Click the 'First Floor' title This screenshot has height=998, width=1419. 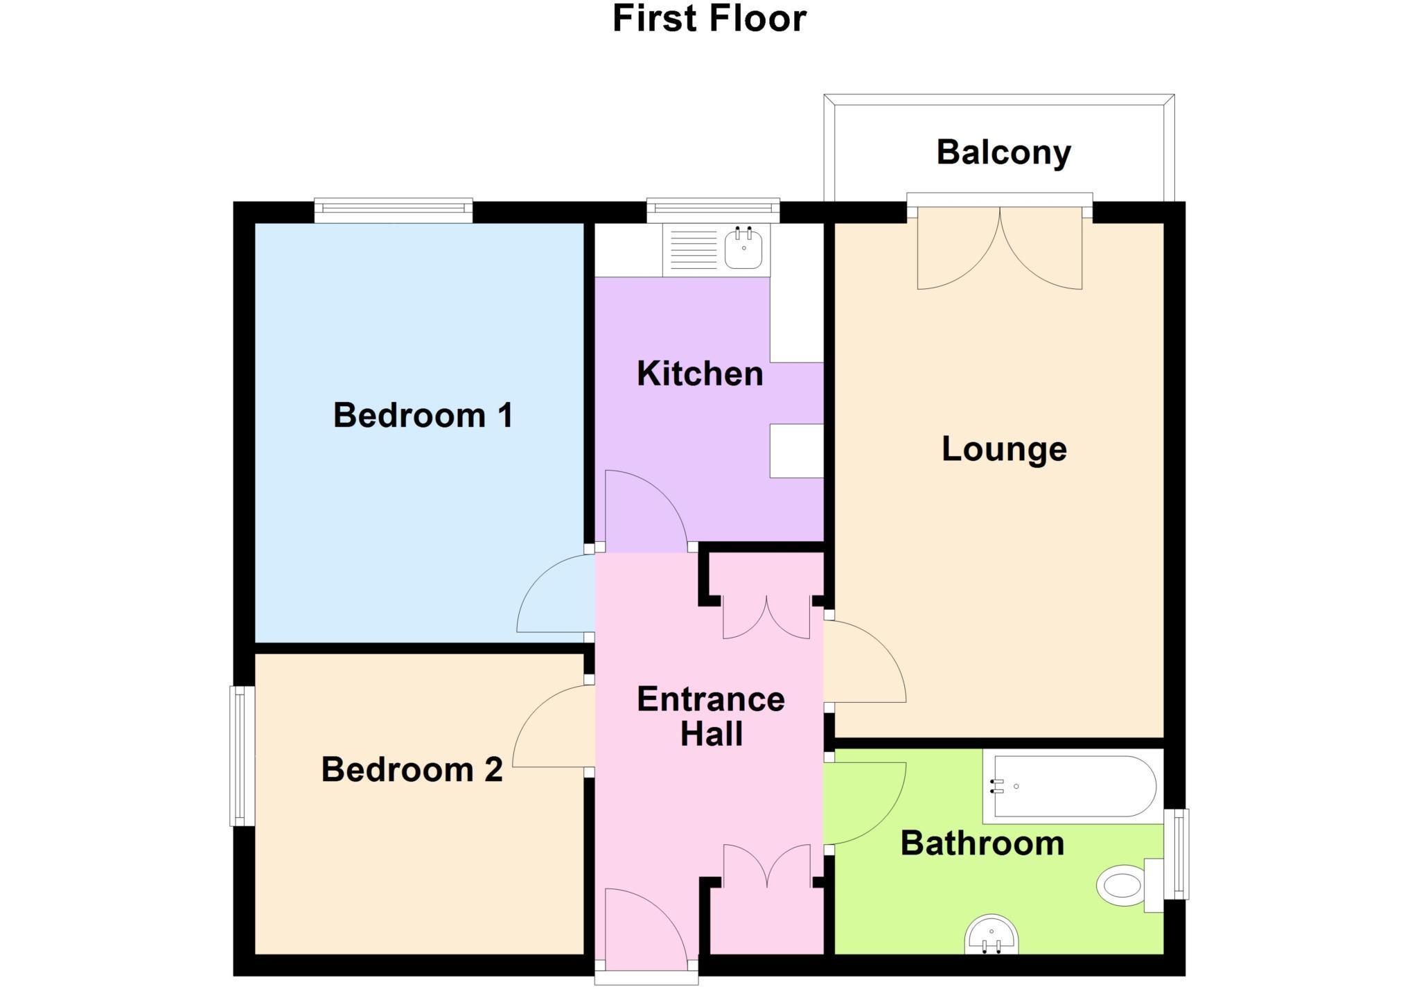pyautogui.click(x=709, y=19)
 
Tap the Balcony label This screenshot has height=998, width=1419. pyautogui.click(x=1003, y=152)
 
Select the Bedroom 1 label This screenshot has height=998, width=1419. pyautogui.click(x=423, y=415)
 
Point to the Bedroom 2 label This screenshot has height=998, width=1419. pyautogui.click(x=412, y=769)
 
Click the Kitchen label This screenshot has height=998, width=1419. pyautogui.click(x=700, y=374)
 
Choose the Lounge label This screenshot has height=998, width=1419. pyautogui.click(x=1004, y=449)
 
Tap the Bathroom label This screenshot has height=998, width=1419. pyautogui.click(x=982, y=843)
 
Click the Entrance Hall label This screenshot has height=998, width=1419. pyautogui.click(x=711, y=716)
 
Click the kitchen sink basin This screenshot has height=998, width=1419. pyautogui.click(x=743, y=249)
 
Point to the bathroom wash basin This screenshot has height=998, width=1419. pyautogui.click(x=991, y=936)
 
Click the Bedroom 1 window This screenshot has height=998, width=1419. pyautogui.click(x=393, y=210)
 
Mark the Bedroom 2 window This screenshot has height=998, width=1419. pyautogui.click(x=242, y=755)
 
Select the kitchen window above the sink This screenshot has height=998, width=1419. pyautogui.click(x=712, y=210)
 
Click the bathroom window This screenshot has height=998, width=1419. pyautogui.click(x=1176, y=854)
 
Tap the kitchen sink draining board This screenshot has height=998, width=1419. pyautogui.click(x=694, y=249)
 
